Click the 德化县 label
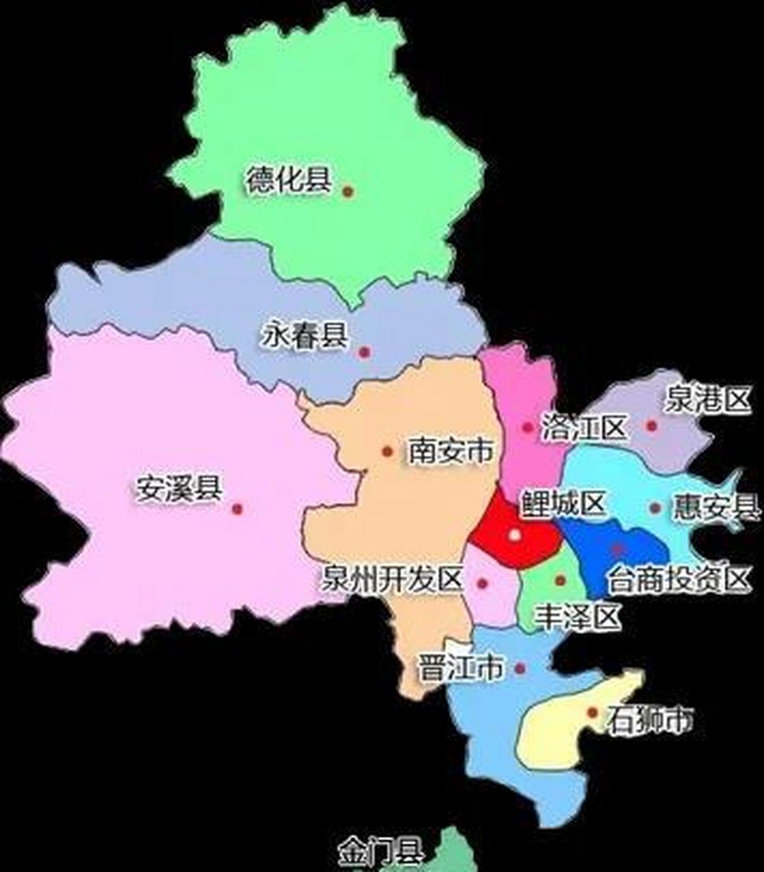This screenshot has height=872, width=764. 288,181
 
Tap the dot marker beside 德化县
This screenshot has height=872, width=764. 348,192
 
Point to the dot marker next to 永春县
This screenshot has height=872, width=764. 364,352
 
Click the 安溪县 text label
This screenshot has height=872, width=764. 179,488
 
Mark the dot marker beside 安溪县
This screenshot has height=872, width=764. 237,509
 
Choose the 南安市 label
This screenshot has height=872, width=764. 450,450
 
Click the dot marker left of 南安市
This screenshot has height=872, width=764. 387,451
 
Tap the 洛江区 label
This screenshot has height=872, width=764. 584,428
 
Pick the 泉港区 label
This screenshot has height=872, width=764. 708,400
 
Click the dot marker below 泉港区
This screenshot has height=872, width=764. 652,426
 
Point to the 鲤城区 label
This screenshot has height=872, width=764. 562,505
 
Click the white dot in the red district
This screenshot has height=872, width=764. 515,535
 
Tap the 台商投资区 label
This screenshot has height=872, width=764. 679,579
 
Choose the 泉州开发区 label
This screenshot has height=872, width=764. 392,580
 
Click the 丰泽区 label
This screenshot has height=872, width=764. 579,617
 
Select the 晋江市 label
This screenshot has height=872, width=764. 461,668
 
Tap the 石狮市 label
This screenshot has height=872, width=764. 650,719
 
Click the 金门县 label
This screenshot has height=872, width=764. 381,852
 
